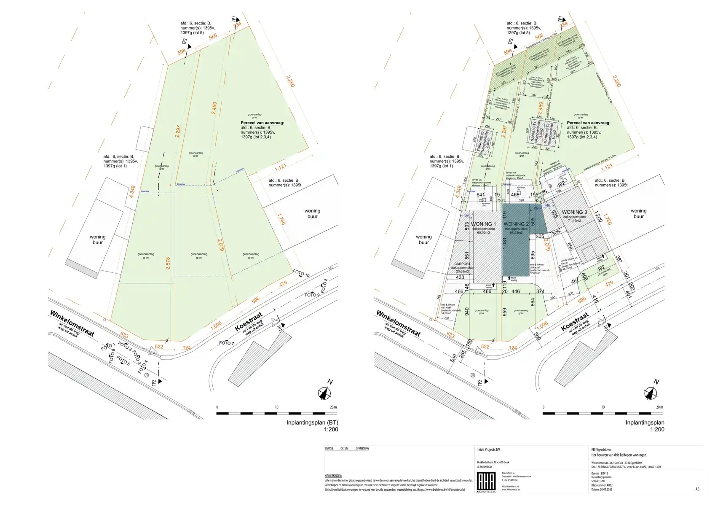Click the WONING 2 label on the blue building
516,224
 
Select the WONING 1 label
483,224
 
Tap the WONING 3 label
574,212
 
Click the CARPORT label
462,264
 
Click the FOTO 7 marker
226,343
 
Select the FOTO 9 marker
312,295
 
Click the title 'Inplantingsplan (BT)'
312,423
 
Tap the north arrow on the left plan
325,392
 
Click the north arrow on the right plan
651,392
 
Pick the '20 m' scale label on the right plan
659,407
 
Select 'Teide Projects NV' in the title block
488,449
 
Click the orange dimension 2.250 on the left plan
290,81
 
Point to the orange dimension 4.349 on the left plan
132,192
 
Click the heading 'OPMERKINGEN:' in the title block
333,476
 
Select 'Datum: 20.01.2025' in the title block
602,490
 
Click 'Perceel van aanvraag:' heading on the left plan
262,123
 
